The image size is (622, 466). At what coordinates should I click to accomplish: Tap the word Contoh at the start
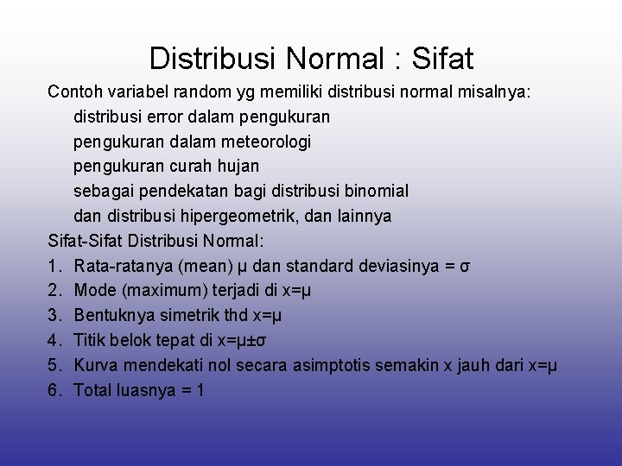[x=73, y=91]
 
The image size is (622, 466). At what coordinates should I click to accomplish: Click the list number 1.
[x=54, y=265]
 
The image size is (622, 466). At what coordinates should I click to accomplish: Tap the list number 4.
[x=54, y=340]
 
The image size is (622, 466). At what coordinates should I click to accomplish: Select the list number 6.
[x=54, y=390]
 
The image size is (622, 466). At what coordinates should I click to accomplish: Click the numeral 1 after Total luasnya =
[x=200, y=390]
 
